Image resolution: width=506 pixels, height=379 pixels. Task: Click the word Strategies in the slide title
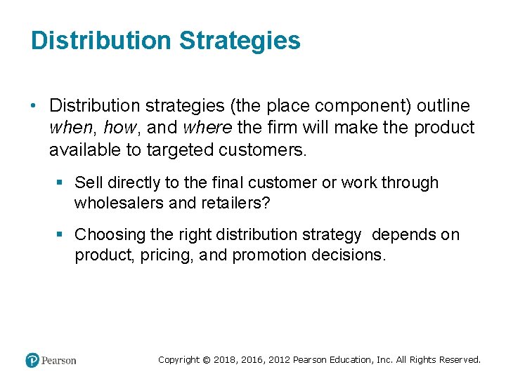pyautogui.click(x=240, y=41)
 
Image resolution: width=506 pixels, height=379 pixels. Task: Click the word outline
pyautogui.click(x=443, y=106)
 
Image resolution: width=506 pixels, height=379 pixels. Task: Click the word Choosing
pyautogui.click(x=108, y=234)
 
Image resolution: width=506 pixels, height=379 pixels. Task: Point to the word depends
pyautogui.click(x=403, y=234)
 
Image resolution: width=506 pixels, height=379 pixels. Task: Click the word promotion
pyautogui.click(x=267, y=255)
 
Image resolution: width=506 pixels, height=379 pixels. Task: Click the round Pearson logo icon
pyautogui.click(x=32, y=360)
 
